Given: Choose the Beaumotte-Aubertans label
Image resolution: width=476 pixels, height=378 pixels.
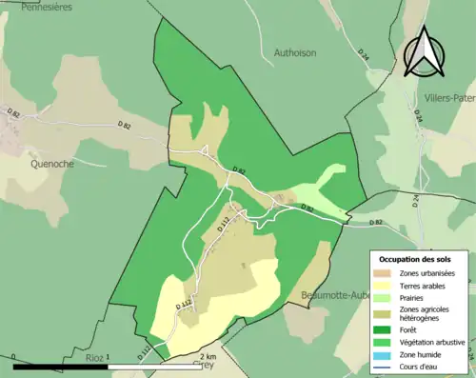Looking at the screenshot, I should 333,294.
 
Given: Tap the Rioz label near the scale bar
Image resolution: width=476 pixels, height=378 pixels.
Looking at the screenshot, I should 93,357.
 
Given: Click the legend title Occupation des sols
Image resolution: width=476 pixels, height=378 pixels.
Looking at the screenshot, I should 417,259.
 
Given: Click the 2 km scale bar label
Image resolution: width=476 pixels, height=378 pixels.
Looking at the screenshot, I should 210,356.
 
